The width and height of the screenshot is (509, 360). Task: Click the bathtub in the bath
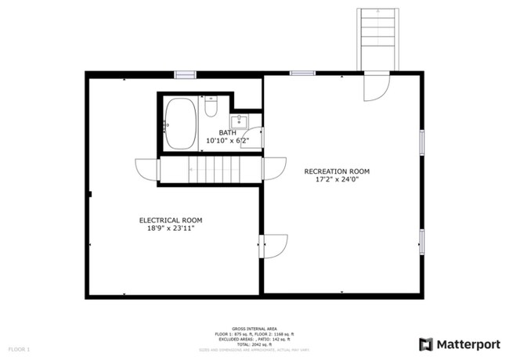pos(180,123)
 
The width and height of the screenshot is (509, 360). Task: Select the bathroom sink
pos(243,122)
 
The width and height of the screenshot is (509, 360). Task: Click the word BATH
pos(227,132)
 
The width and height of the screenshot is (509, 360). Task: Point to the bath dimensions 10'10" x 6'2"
pos(227,141)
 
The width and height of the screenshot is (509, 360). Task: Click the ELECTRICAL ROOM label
pos(171,220)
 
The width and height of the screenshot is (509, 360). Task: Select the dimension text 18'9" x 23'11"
pos(171,229)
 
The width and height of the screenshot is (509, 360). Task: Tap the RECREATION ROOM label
pos(337,171)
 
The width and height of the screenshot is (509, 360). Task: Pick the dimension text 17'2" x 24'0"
pos(337,180)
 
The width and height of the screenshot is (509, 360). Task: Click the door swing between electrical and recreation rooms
pos(273,246)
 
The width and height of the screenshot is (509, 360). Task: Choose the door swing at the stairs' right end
pos(273,169)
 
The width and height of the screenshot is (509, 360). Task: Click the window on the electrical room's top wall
pos(185,74)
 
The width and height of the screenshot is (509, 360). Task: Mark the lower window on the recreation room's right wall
pos(422,240)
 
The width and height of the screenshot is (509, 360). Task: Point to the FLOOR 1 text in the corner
pos(19,348)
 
